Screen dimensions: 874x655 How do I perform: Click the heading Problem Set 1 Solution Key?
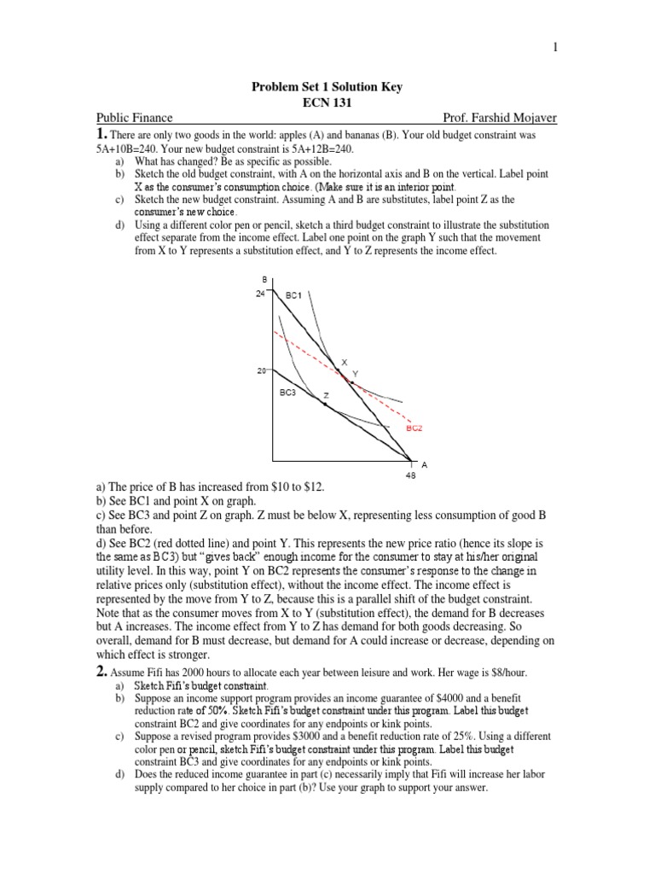(326, 87)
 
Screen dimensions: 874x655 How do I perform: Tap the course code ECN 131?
(326, 102)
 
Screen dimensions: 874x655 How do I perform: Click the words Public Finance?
(134, 118)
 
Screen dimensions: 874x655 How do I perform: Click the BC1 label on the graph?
(294, 295)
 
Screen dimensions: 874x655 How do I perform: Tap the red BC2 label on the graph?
(414, 429)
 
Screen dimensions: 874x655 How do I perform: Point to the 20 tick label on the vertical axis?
(260, 371)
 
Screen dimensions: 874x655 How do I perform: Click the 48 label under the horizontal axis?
(410, 476)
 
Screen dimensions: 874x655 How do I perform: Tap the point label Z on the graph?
(325, 396)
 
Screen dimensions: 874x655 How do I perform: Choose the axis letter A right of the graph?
(424, 464)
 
